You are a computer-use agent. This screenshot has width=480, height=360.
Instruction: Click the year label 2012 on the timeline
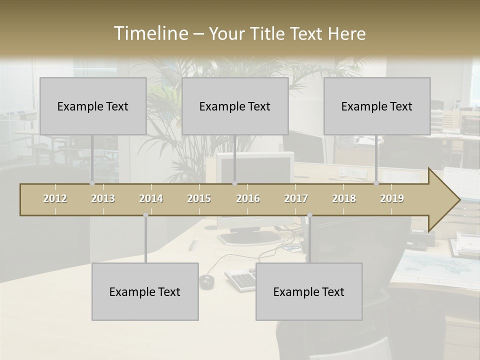pos(55,198)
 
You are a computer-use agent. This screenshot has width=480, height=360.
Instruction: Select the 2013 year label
pos(103,198)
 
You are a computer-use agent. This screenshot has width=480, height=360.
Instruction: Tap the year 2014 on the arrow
pos(151,198)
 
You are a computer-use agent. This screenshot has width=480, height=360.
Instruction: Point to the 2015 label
pos(199,198)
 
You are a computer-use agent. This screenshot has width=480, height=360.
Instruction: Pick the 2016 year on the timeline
pos(248,198)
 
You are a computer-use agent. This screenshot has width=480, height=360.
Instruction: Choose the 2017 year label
pos(296,198)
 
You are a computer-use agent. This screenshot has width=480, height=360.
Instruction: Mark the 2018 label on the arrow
pos(344,198)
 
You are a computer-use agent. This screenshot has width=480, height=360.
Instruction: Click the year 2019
pos(392,198)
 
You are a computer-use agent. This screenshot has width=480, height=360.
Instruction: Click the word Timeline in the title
pos(150,33)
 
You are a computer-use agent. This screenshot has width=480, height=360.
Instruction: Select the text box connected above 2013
pos(93,106)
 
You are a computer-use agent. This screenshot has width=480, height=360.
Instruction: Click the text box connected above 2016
pos(235,106)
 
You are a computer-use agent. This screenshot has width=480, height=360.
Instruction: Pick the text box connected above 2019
pos(377,106)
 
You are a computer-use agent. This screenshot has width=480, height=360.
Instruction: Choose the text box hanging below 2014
pos(145,291)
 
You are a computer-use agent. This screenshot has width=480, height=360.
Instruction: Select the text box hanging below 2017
pos(309,291)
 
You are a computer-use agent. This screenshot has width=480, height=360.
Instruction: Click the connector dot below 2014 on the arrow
pos(145,215)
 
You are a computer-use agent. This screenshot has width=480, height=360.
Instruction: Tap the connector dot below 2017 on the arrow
pos(309,215)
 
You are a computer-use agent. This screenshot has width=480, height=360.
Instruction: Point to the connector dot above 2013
pos(92,183)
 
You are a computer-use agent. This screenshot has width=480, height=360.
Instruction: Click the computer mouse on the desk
pos(206,281)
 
